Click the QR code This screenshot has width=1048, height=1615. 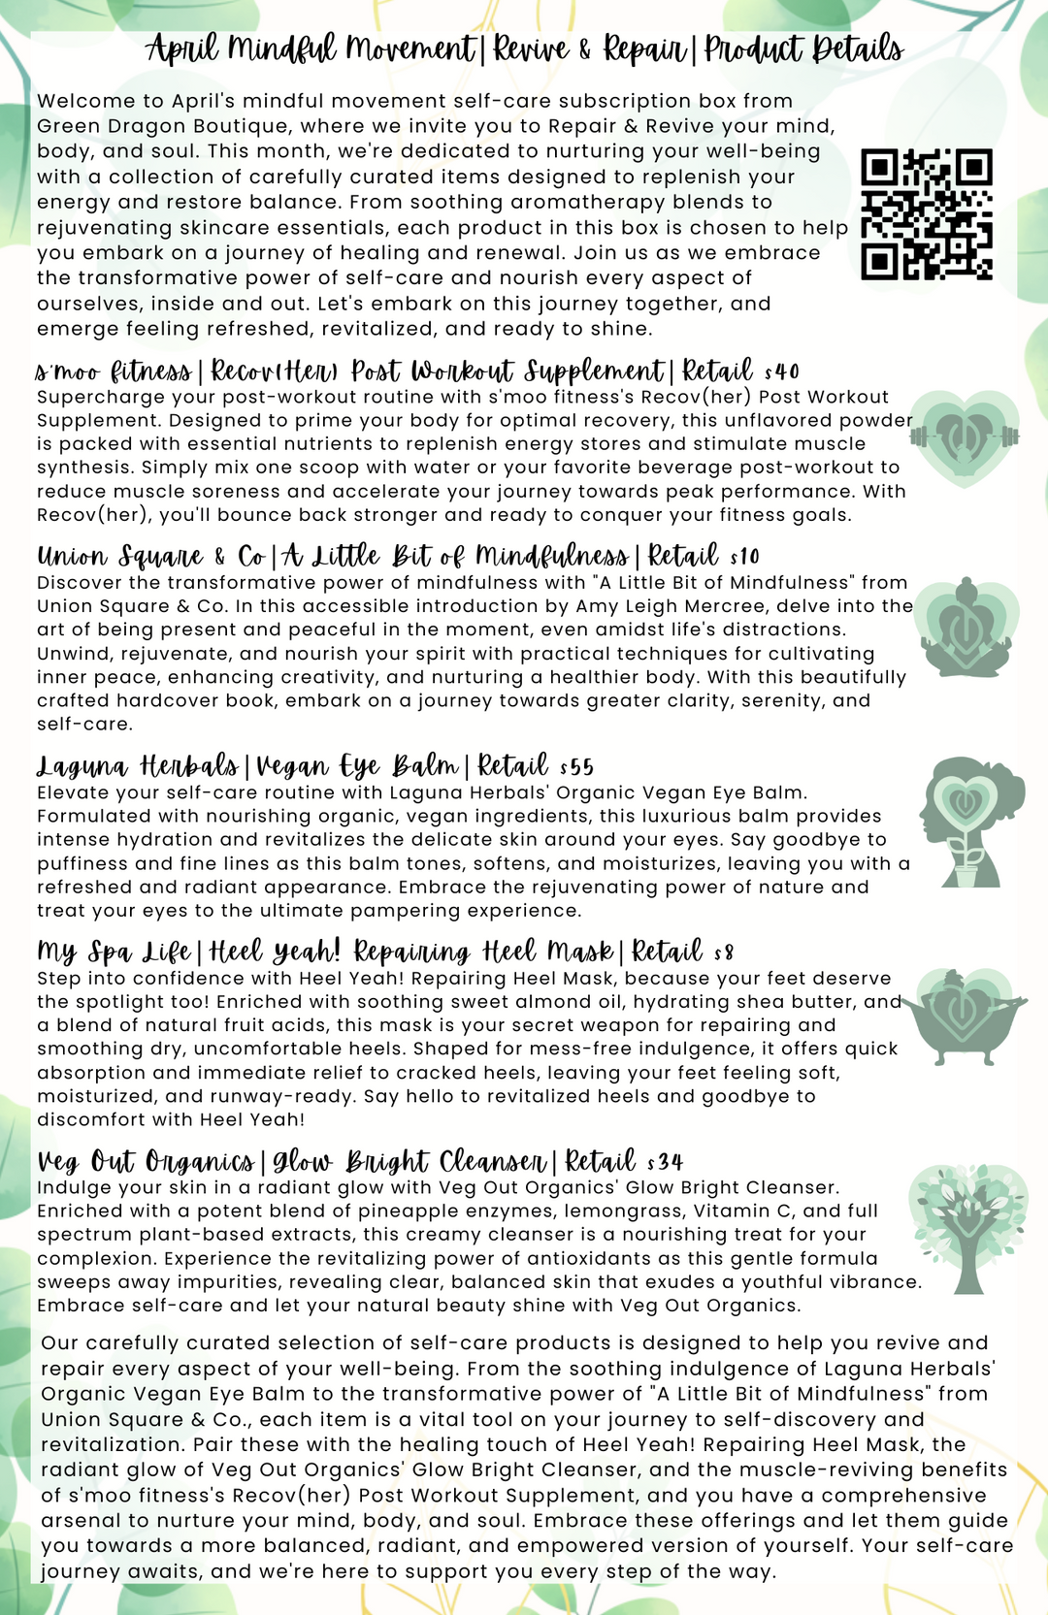point(927,214)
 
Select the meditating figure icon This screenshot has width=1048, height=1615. point(966,628)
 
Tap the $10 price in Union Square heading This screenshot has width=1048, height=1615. point(745,557)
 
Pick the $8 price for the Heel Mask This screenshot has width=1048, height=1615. point(724,953)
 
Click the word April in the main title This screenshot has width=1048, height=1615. point(183,48)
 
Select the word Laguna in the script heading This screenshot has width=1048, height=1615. point(82,767)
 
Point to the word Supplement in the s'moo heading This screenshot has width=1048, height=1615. point(595,371)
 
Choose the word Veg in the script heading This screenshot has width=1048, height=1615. point(59,1162)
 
